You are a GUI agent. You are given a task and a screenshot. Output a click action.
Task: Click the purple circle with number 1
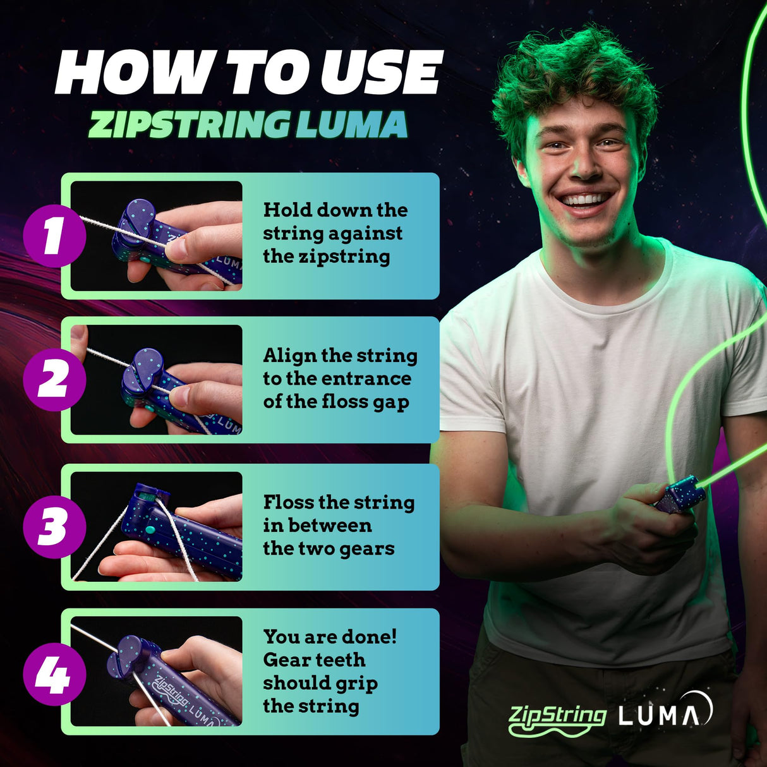[54, 236]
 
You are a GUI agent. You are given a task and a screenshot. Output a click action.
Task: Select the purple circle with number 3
[54, 527]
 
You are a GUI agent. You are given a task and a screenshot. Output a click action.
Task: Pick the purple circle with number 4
[54, 673]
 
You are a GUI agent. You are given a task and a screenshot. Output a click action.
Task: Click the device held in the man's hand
[679, 493]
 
